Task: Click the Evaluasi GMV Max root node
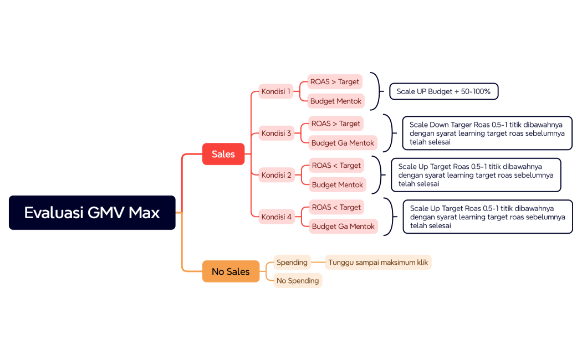point(92,213)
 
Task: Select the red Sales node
point(223,154)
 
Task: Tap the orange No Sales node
point(231,271)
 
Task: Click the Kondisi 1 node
point(276,91)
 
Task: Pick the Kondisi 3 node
point(277,133)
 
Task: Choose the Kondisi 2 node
point(277,175)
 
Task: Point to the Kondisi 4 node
point(277,217)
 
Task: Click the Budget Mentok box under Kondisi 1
point(336,101)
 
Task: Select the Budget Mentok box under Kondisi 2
point(338,184)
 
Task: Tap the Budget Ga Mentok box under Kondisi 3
point(343,143)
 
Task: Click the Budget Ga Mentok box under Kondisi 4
point(343,226)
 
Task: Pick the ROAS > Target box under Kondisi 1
point(335,81)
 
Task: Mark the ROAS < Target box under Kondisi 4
point(336,207)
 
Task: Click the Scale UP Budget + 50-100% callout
point(443,91)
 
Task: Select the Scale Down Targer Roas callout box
point(487,133)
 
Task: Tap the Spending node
point(292,262)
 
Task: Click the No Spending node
point(298,281)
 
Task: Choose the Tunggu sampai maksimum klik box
point(378,263)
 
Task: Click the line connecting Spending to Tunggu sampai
point(318,263)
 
